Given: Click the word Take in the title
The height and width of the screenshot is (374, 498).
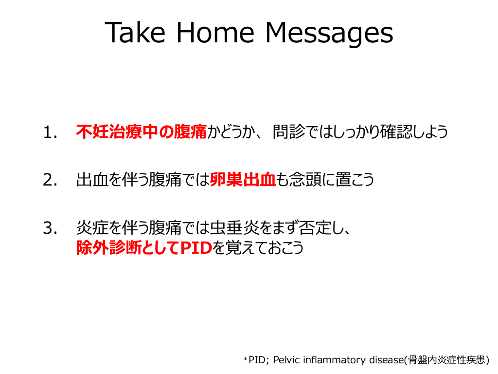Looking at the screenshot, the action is pyautogui.click(x=135, y=33).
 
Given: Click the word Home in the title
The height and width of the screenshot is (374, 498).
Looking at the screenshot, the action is pyautogui.click(x=215, y=33).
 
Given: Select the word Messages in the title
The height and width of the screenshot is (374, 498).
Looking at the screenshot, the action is pyautogui.click(x=329, y=35).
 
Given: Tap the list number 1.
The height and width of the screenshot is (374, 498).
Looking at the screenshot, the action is pyautogui.click(x=50, y=132).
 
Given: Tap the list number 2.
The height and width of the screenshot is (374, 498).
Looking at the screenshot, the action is pyautogui.click(x=50, y=180).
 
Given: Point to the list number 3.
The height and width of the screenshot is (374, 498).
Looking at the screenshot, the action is pyautogui.click(x=50, y=228).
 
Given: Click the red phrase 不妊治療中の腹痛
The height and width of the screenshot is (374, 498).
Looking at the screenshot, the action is pyautogui.click(x=142, y=131).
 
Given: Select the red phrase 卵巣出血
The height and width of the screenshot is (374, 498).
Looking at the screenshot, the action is pyautogui.click(x=243, y=179).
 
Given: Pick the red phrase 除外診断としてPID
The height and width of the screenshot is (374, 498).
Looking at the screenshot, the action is pyautogui.click(x=144, y=248).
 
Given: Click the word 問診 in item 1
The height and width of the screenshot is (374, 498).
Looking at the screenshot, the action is pyautogui.click(x=289, y=131).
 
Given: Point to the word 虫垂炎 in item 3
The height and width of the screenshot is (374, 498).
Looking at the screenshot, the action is pyautogui.click(x=234, y=227).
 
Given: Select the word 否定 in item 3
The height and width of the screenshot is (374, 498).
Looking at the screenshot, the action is pyautogui.click(x=315, y=227).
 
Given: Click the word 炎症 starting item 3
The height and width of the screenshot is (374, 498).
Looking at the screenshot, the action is pyautogui.click(x=92, y=227).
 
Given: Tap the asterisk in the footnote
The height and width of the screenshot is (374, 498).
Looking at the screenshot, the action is pyautogui.click(x=245, y=359).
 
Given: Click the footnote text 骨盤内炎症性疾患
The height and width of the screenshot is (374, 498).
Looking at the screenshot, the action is pyautogui.click(x=446, y=360).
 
